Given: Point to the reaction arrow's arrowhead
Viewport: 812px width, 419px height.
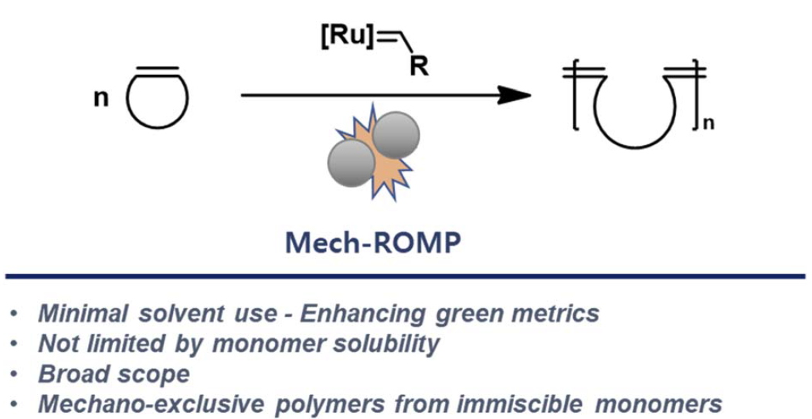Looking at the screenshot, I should [514, 95].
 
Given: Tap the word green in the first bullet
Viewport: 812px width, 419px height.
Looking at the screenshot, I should [479, 314].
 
